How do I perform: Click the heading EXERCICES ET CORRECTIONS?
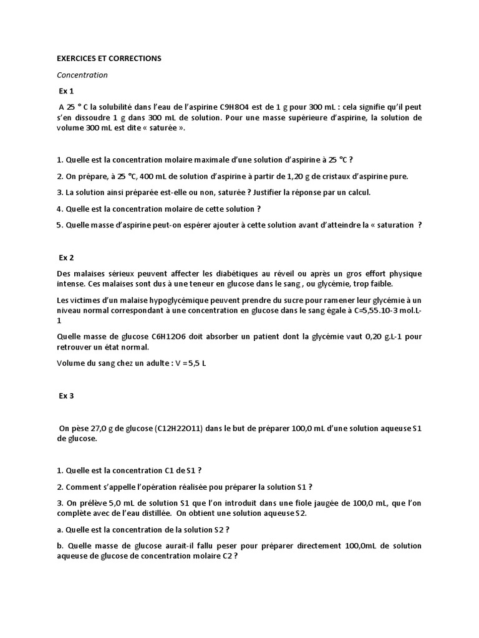[x=109, y=58]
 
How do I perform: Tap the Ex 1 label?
[x=67, y=91]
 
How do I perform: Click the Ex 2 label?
[x=67, y=257]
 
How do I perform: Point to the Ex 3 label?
[x=67, y=396]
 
